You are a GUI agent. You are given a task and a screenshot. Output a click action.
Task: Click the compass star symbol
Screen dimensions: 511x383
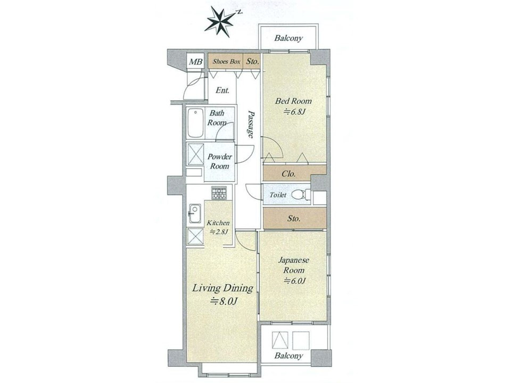pos(220,21)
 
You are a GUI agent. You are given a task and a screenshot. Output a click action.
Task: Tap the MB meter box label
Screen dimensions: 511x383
pos(196,62)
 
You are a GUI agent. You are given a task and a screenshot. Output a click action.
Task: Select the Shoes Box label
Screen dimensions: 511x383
pos(227,61)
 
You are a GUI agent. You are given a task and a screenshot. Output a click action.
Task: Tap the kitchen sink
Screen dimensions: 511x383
pos(195,213)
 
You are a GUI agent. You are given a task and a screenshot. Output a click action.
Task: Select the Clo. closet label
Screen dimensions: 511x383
pos(289,174)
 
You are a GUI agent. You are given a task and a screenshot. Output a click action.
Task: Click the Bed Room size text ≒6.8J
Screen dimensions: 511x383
pos(294,112)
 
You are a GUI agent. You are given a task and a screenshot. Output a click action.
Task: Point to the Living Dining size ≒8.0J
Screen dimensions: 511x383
pos(223,301)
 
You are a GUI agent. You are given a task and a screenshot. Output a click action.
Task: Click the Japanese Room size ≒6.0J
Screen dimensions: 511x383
pos(294,280)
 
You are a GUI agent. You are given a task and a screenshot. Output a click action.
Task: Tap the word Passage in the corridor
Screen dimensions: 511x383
pos(250,124)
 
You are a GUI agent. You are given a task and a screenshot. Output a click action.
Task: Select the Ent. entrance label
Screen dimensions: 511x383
pos(222,90)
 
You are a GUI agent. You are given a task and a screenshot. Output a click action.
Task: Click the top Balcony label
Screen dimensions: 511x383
pos(289,38)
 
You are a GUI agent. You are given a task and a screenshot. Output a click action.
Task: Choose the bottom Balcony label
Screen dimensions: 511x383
pos(289,356)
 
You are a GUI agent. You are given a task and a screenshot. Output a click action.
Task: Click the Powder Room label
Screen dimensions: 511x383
pos(220,161)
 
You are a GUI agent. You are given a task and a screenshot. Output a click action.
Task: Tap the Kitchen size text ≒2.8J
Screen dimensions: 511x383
pos(218,232)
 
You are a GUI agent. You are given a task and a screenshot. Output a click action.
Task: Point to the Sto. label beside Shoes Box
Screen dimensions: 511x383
pos(252,61)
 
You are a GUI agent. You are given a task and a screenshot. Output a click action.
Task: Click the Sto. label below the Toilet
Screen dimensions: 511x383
pos(294,219)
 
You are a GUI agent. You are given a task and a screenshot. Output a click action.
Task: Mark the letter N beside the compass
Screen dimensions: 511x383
pos(240,12)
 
